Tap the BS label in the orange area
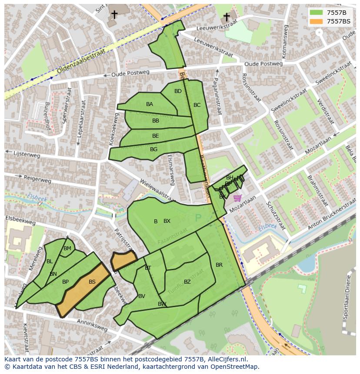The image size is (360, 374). click(92, 282)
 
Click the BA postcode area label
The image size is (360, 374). click(150, 104)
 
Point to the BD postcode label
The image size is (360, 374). click(178, 91)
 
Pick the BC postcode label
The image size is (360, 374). click(197, 105)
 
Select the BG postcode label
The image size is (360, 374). click(153, 149)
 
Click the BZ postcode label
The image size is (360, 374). click(187, 282)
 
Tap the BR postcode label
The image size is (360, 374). click(219, 265)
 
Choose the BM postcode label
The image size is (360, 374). click(67, 248)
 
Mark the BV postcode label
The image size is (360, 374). click(142, 296)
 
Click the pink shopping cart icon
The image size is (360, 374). click(237, 198)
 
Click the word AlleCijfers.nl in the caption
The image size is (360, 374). click(226, 359)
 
